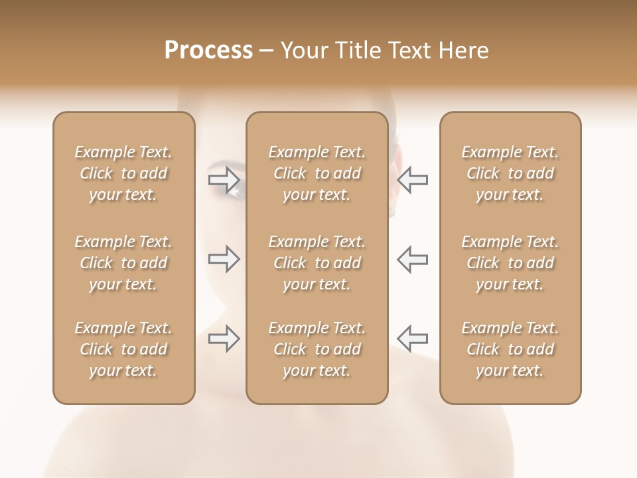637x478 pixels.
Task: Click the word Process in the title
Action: (208, 50)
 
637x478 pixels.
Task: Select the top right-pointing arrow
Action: (224, 179)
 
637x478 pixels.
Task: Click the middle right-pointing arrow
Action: (224, 259)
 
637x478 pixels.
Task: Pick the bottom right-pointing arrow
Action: (224, 339)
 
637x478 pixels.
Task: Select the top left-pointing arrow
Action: (413, 179)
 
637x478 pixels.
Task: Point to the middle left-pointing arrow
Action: (413, 259)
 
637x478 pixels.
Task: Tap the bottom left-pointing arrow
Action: (413, 339)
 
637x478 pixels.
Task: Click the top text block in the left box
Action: (123, 173)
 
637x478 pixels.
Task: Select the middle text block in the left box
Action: (123, 263)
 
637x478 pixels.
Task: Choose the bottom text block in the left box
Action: (123, 349)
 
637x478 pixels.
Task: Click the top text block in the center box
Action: (317, 173)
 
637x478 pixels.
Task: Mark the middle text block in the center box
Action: (317, 263)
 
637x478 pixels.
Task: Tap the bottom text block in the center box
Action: (317, 349)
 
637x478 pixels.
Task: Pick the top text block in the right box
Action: (510, 173)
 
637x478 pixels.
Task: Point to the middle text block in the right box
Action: (510, 263)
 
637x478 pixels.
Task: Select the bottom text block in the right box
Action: (510, 349)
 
